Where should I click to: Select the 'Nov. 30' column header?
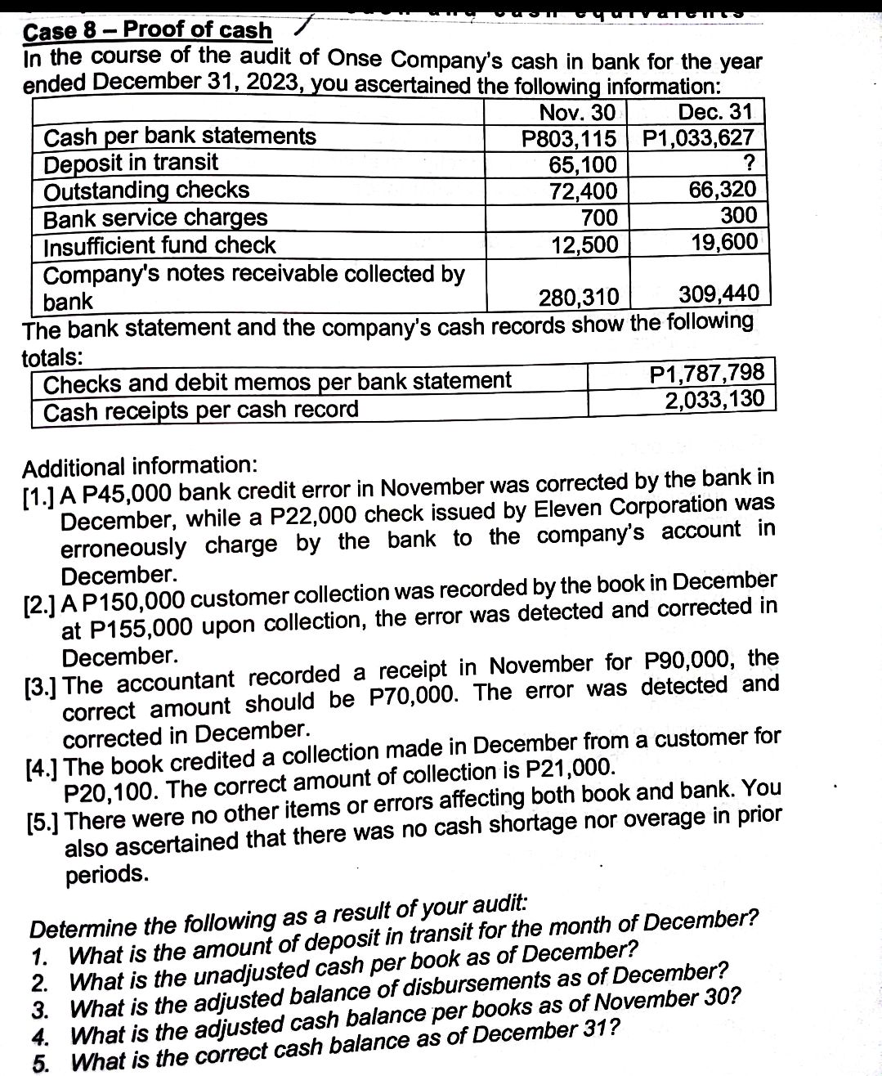click(577, 112)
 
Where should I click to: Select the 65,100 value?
click(582, 165)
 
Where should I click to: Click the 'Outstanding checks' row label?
click(146, 191)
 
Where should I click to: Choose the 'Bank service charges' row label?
click(155, 218)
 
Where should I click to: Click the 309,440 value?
click(719, 293)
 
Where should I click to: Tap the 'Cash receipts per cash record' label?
click(201, 410)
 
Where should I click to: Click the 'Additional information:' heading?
click(140, 467)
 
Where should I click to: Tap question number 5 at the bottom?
click(38, 1063)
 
